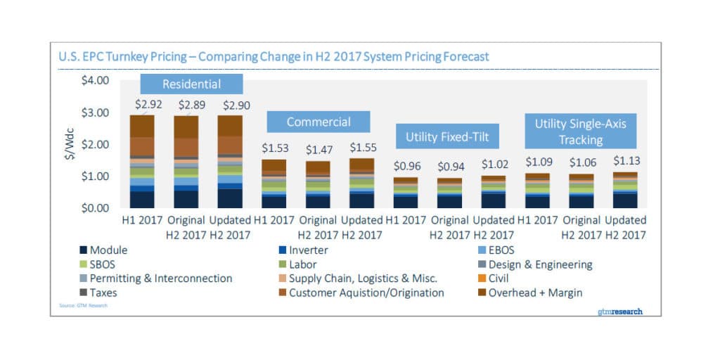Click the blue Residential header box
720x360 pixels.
point(191,84)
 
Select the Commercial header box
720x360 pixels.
point(318,122)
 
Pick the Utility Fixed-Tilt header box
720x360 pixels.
point(448,137)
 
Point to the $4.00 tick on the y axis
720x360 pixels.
point(95,81)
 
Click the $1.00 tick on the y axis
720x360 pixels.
point(95,176)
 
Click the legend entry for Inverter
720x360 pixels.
point(303,250)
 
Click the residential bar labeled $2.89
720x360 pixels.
point(186,161)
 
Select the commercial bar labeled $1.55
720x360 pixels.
point(363,183)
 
